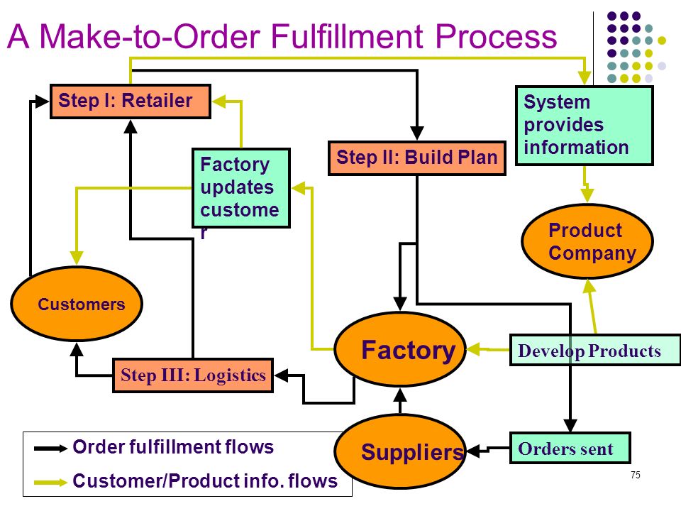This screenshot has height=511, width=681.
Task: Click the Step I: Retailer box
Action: [x=131, y=101]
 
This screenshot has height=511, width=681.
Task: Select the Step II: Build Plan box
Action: [x=417, y=158]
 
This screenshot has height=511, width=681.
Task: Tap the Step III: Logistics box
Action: [x=193, y=375]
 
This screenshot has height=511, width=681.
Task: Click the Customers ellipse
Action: [x=77, y=304]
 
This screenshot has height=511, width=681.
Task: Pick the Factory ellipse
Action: [x=400, y=349]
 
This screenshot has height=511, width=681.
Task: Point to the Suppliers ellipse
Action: [x=400, y=451]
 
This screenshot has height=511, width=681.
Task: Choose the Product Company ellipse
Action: [x=587, y=241]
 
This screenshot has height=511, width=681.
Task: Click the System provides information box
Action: [x=584, y=126]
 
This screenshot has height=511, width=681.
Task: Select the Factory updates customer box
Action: [x=241, y=188]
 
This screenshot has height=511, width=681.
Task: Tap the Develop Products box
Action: [x=595, y=350]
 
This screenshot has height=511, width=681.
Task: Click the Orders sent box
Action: [x=570, y=448]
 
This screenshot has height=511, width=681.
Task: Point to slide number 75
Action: [x=636, y=475]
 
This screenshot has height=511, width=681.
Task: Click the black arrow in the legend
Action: [x=51, y=448]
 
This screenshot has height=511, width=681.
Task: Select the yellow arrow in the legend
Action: [x=51, y=482]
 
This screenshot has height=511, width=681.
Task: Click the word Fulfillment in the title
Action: [x=347, y=35]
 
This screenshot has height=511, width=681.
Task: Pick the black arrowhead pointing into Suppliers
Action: [x=473, y=451]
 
